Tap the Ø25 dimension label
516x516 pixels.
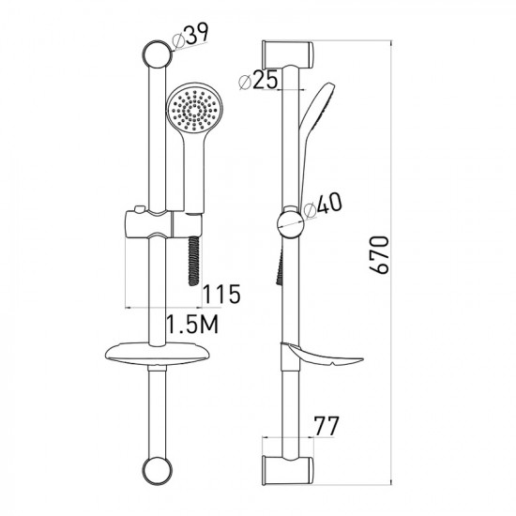tap(258, 80)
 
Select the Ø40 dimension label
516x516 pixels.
tap(323, 205)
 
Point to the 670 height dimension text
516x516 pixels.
tap(379, 254)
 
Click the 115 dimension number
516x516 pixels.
tap(221, 295)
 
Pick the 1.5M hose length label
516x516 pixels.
tap(192, 324)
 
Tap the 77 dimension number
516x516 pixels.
tap(326, 426)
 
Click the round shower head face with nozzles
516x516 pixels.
tap(194, 109)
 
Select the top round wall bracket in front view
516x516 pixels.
tap(158, 54)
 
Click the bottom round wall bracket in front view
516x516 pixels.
tap(158, 470)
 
